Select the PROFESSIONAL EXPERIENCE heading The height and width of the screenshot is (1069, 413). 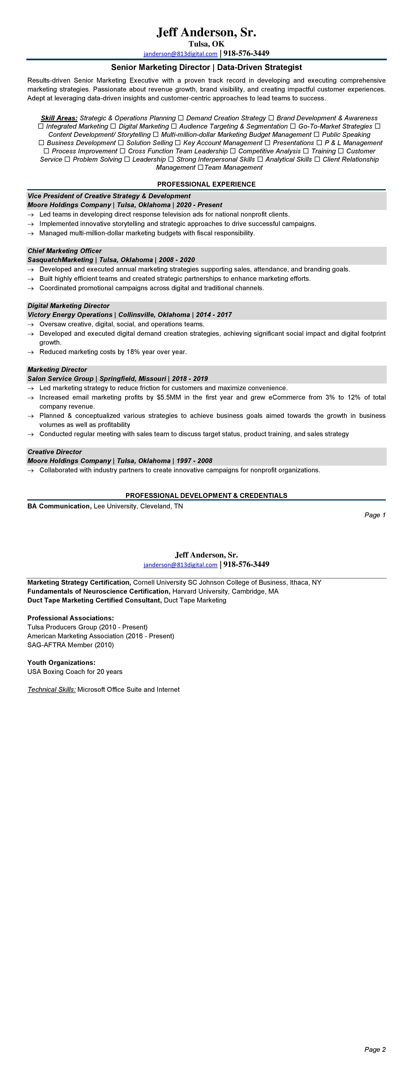click(x=206, y=184)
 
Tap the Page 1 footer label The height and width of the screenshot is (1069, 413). click(x=375, y=515)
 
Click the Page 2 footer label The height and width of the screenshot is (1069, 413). click(x=375, y=1050)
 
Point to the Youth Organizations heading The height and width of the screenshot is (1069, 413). click(x=61, y=663)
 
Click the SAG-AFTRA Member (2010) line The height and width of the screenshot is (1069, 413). click(x=71, y=645)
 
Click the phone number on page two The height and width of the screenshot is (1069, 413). click(x=246, y=564)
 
